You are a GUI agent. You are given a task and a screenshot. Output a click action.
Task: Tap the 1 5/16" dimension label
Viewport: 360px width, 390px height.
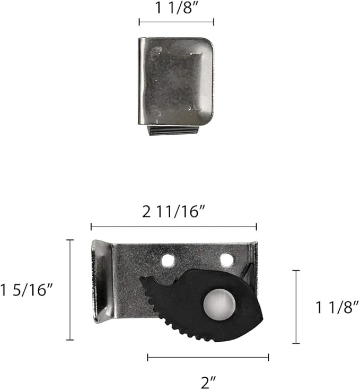pos(27,290)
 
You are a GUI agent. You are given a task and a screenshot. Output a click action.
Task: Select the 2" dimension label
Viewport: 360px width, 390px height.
pos(208,382)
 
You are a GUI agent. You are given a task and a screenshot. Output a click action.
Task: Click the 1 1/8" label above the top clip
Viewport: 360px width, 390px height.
pos(177,8)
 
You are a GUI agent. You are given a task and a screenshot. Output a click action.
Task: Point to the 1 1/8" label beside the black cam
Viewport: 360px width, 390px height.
pos(337,307)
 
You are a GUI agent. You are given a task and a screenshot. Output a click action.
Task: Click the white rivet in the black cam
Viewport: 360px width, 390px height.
pos(219,305)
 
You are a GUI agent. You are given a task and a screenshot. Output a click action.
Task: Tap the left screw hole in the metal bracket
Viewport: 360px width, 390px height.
pos(168,261)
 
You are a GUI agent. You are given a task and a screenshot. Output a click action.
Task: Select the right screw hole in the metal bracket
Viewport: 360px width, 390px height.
pos(226,259)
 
